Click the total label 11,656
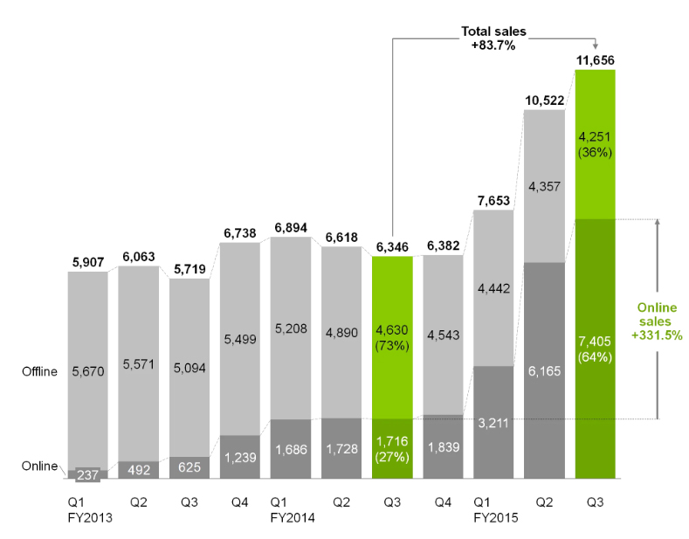click(x=596, y=60)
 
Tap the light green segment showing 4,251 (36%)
click(x=596, y=144)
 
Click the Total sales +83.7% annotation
click(x=493, y=38)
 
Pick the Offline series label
click(x=39, y=371)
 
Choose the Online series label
click(x=39, y=466)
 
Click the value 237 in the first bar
click(x=87, y=474)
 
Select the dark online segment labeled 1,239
click(x=240, y=456)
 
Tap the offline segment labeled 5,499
click(x=240, y=338)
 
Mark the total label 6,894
click(x=291, y=227)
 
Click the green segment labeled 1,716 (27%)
click(x=392, y=448)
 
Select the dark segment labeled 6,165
click(x=544, y=370)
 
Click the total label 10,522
click(x=544, y=100)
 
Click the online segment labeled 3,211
click(x=493, y=422)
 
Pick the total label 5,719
click(x=189, y=269)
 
